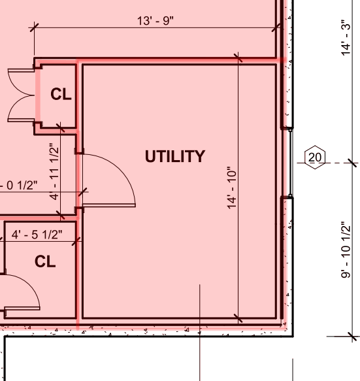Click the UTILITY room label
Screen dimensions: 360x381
[175, 156]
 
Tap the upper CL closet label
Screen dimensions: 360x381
[61, 94]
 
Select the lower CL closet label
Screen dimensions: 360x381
[45, 261]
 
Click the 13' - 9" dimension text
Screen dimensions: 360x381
[155, 21]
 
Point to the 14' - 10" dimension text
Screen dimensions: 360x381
[232, 188]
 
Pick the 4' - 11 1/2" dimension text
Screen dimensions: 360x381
[54, 171]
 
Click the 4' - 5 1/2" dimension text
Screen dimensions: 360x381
[37, 235]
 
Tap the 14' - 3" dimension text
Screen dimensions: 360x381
[346, 38]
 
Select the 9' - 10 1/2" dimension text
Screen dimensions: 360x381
[346, 250]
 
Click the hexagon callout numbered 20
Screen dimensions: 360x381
[315, 157]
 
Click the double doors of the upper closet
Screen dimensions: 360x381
[21, 95]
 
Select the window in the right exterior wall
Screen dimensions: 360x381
[291, 163]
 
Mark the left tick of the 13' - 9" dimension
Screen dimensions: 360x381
[34, 27]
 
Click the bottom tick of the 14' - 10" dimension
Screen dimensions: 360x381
[238, 318]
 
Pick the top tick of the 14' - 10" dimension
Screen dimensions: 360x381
[238, 58]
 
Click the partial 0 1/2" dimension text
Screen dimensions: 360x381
[19, 186]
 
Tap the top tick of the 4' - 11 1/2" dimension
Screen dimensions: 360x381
[60, 127]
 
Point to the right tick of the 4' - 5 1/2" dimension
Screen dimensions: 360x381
[76, 241]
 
